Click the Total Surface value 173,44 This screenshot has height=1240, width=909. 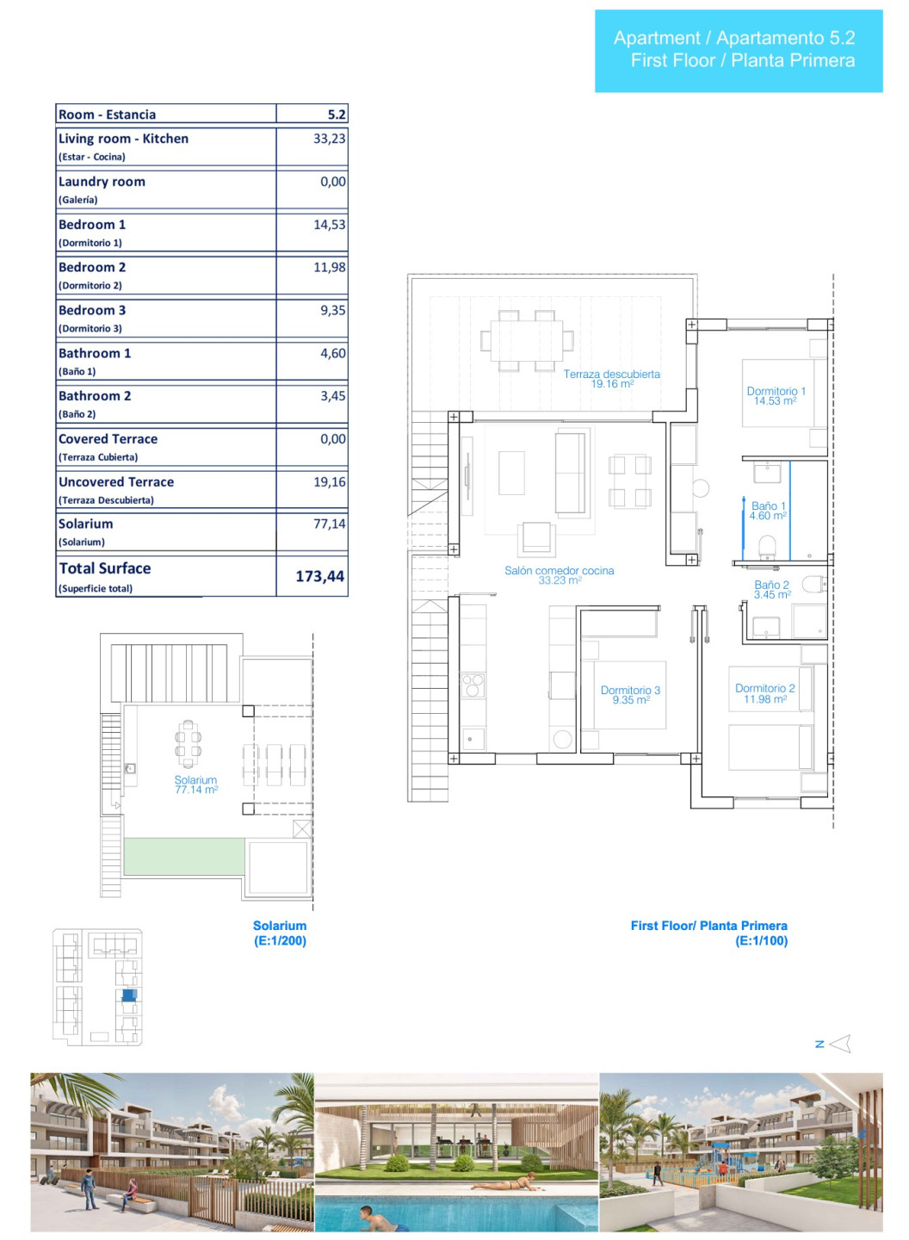(319, 576)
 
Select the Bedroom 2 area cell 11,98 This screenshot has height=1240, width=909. (329, 267)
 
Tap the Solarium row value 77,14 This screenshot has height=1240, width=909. (329, 524)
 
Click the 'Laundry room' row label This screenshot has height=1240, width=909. (102, 182)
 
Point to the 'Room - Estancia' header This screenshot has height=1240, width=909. (108, 115)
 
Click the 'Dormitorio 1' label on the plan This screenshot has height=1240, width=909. (776, 391)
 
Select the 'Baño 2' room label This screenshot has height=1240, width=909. (771, 585)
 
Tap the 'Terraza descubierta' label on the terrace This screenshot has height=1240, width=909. (611, 374)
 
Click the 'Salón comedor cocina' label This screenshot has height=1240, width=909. (559, 570)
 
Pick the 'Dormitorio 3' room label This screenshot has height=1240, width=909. (630, 690)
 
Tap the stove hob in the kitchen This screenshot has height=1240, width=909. (473, 685)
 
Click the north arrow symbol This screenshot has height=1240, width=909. (840, 1044)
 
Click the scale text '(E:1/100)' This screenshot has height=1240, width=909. (761, 940)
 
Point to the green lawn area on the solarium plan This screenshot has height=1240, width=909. (183, 856)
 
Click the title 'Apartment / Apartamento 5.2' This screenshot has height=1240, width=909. (734, 38)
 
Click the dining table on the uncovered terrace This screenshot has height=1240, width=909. (527, 340)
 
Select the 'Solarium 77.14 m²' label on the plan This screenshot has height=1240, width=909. (196, 784)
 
